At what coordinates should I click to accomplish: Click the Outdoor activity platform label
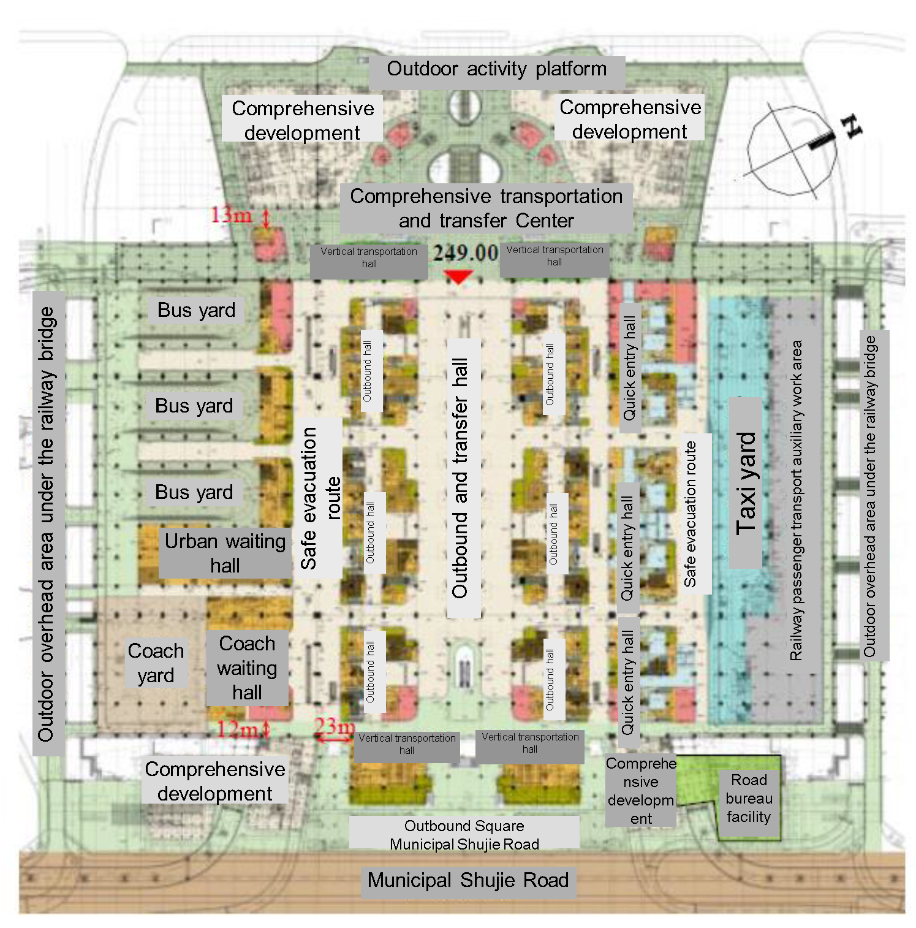(496, 69)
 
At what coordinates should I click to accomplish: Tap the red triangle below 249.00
(458, 277)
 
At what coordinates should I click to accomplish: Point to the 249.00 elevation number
(466, 253)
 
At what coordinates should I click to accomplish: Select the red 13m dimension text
(231, 215)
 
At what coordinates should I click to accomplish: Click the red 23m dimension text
(334, 727)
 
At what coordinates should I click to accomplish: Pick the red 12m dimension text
(237, 729)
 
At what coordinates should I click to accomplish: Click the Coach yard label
(156, 663)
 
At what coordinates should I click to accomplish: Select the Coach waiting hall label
(247, 668)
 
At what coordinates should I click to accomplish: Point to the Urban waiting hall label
(225, 553)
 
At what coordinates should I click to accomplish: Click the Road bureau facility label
(749, 799)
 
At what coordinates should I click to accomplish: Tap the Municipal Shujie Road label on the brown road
(468, 881)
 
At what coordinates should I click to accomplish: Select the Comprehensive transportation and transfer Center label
(486, 208)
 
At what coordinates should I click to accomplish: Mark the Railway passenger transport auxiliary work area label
(797, 500)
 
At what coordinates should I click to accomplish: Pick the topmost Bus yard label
(196, 310)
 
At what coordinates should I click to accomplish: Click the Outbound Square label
(464, 826)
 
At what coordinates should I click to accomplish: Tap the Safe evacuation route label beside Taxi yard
(691, 514)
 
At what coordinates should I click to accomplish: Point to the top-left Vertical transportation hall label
(369, 258)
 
